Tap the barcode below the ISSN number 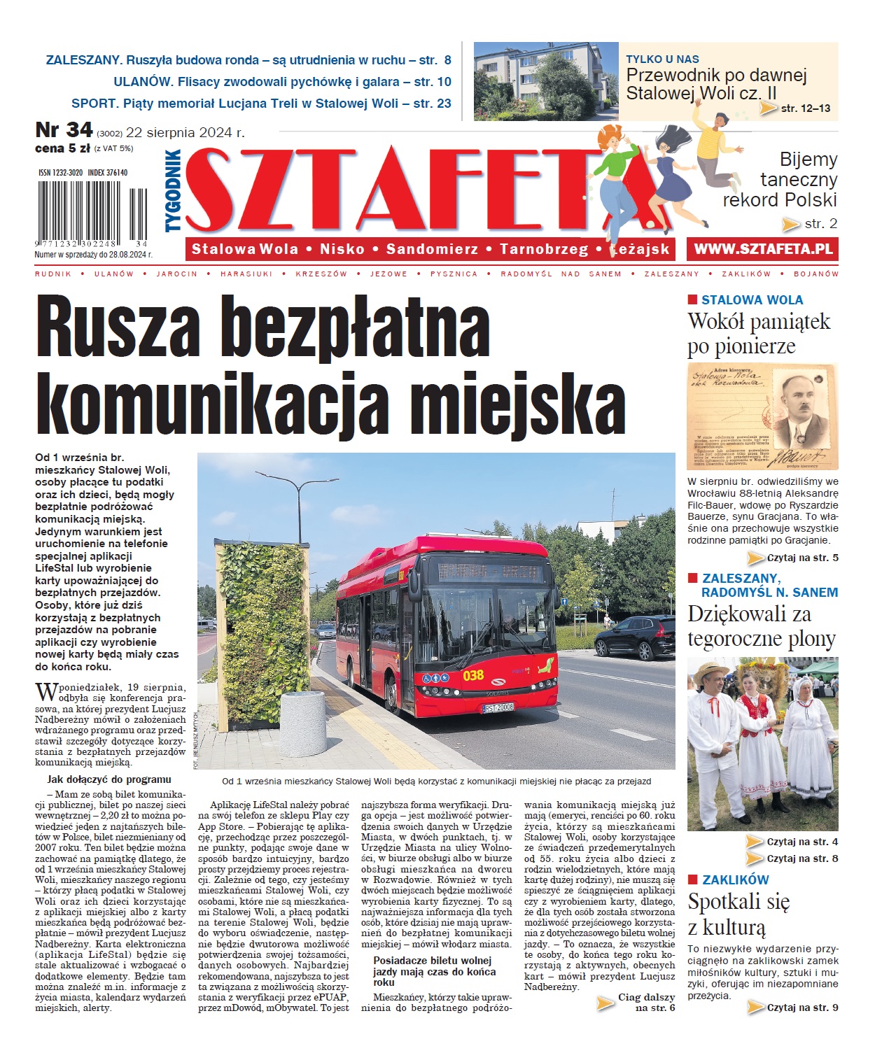coord(91,210)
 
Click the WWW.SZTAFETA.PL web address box coord(763,249)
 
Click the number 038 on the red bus coord(473,675)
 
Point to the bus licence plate coord(498,707)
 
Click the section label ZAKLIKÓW coord(735,879)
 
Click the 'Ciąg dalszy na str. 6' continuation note coord(645,1002)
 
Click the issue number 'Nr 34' coord(64,130)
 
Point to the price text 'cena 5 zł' coord(62,148)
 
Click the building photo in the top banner coord(546,80)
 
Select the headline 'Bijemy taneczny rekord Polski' coord(779,180)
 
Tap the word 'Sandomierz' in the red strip coord(432,249)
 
